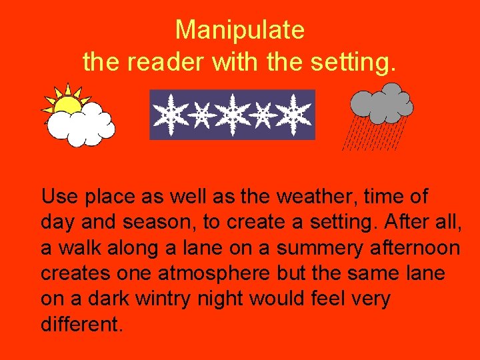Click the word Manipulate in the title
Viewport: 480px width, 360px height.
click(240, 30)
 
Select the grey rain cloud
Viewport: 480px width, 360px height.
click(381, 103)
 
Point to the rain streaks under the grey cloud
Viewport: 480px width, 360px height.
click(373, 133)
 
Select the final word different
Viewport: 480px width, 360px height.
click(82, 324)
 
